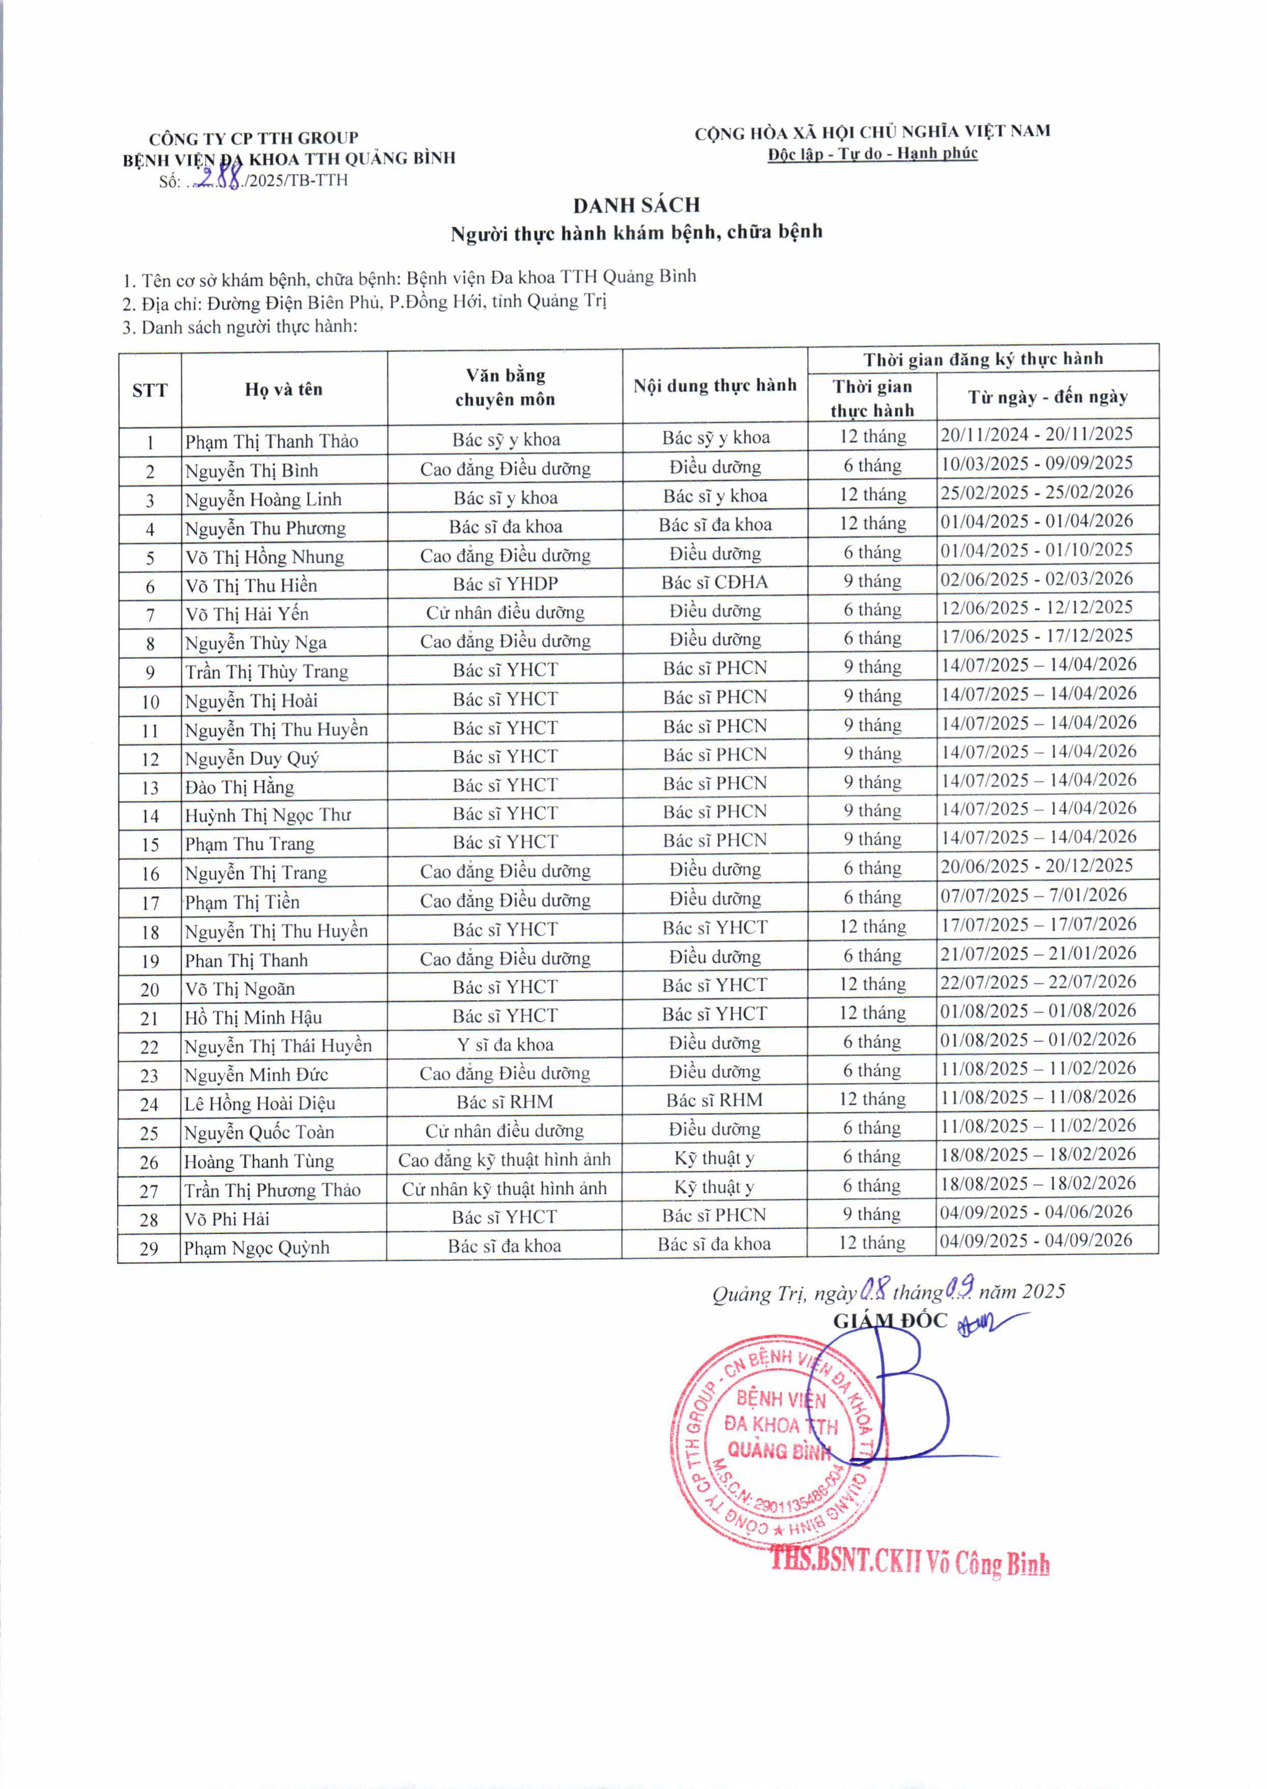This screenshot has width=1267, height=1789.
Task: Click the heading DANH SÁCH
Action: [636, 205]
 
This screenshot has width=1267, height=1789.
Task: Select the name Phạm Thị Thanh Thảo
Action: [271, 442]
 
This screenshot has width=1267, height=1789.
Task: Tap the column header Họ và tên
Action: [283, 389]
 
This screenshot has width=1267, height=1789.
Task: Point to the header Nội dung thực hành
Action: [714, 386]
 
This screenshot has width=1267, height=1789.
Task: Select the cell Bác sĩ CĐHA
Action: [714, 582]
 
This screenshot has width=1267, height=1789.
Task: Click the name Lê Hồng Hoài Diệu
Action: [260, 1103]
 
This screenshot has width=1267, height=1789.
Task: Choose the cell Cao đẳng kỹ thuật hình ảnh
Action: [504, 1160]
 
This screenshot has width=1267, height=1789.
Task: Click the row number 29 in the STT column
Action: [149, 1248]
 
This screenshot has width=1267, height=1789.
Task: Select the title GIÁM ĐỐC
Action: [890, 1321]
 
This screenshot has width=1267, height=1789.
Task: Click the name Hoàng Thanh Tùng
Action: [259, 1162]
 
